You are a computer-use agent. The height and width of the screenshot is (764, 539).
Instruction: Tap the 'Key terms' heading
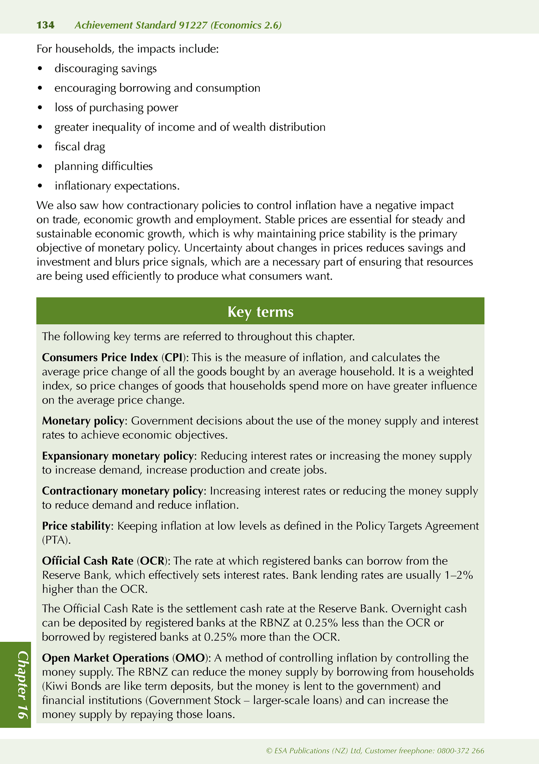[260, 312]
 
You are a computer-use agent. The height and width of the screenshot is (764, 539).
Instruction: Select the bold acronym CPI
[173, 357]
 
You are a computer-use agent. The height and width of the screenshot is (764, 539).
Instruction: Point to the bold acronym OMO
[190, 658]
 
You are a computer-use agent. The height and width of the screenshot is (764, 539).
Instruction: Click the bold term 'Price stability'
[76, 526]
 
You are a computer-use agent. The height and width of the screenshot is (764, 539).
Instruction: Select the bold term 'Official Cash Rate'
[88, 561]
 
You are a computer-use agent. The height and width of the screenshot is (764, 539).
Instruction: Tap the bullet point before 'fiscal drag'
[40, 146]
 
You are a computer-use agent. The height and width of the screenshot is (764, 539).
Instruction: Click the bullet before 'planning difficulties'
[40, 166]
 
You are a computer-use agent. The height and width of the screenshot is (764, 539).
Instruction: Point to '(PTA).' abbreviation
[56, 540]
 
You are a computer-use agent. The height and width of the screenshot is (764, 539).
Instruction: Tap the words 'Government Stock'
[195, 700]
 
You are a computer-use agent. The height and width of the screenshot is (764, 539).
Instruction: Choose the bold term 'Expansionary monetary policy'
[118, 456]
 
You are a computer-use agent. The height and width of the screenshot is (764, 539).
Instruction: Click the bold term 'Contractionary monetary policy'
[122, 491]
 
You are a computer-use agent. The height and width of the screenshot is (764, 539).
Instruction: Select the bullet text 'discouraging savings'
[106, 69]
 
